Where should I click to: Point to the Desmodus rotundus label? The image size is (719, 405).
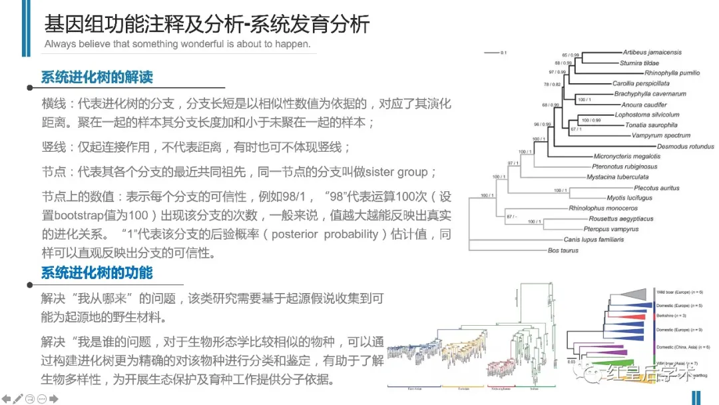pyautogui.click(x=685, y=147)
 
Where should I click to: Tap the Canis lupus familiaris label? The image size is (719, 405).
pyautogui.click(x=593, y=240)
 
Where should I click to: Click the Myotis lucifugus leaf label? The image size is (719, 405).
pyautogui.click(x=629, y=198)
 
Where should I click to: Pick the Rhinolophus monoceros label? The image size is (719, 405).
pyautogui.click(x=603, y=208)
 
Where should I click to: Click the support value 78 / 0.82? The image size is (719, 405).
pyautogui.click(x=552, y=85)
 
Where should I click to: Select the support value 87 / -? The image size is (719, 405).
pyautogui.click(x=511, y=216)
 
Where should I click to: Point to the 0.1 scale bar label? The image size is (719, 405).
pyautogui.click(x=504, y=52)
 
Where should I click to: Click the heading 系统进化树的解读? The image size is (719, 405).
pyautogui.click(x=97, y=77)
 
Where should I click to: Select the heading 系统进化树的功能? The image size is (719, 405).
pyautogui.click(x=97, y=273)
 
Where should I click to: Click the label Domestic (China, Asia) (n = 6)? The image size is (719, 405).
pyautogui.click(x=683, y=348)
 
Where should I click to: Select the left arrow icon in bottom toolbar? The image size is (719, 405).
pyautogui.click(x=6, y=399)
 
